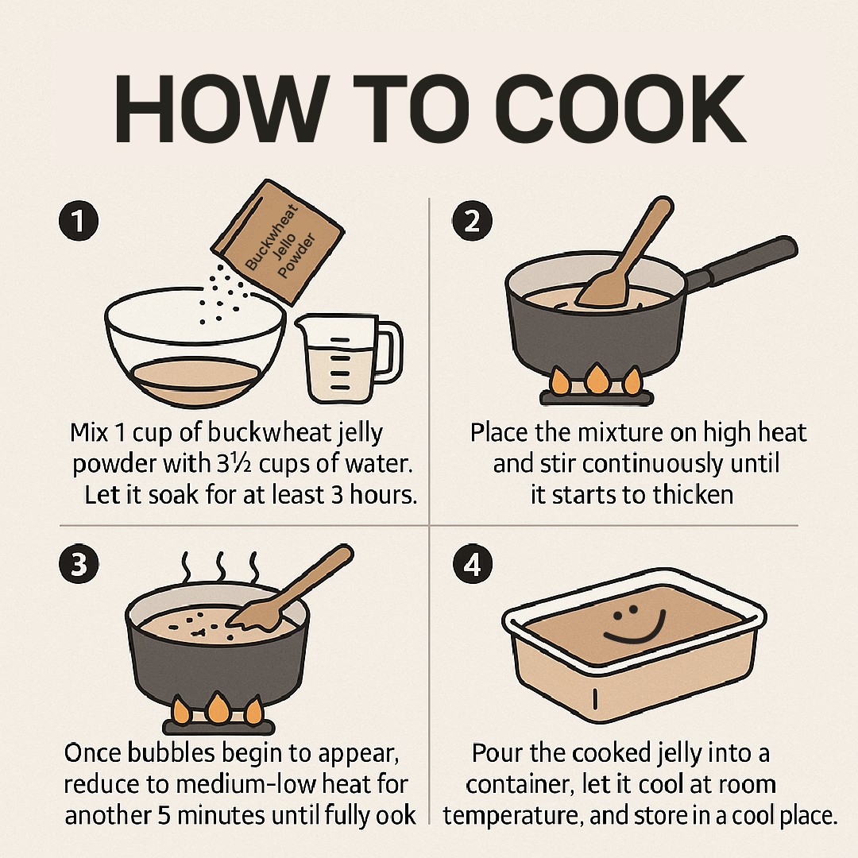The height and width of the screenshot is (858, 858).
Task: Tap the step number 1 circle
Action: (79, 221)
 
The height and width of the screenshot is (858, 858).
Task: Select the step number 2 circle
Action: (472, 221)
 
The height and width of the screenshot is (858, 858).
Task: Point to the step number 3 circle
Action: (79, 563)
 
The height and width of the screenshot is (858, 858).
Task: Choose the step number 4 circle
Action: (473, 563)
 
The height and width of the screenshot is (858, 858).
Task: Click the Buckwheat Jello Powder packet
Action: (278, 242)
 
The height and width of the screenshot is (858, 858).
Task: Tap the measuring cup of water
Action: (349, 358)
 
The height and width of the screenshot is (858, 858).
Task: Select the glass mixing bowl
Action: (195, 347)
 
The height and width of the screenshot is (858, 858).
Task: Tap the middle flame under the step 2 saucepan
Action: (597, 378)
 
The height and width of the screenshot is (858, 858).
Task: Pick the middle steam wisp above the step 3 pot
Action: (221, 567)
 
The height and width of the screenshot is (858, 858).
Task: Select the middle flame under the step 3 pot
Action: (218, 707)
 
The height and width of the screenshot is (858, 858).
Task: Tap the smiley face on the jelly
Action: (635, 624)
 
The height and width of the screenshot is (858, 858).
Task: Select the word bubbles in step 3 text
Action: (171, 753)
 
